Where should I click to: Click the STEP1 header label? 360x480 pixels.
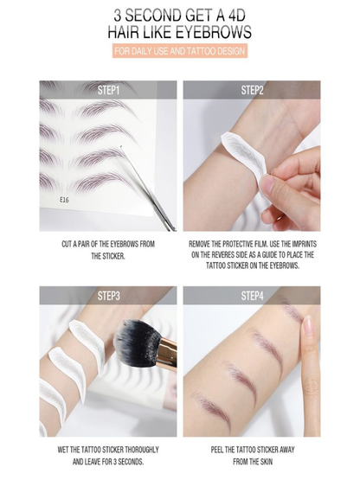point(108,90)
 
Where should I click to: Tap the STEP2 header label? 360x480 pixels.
point(252,90)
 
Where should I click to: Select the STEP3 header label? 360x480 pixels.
point(108,296)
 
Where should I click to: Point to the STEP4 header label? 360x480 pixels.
point(252,296)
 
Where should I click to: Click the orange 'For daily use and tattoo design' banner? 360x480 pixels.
point(180,52)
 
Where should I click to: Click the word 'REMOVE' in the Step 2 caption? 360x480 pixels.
point(204,244)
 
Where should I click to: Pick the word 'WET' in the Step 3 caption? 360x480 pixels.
point(65,450)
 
